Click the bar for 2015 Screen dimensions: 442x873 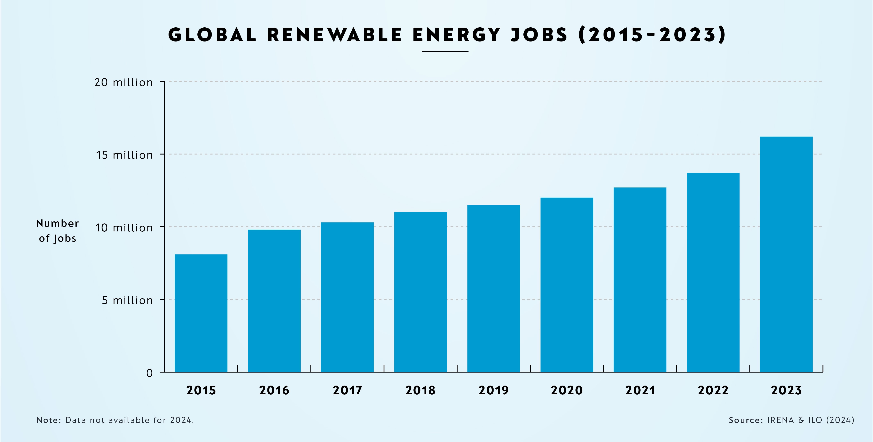click(201, 313)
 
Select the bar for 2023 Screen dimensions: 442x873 click(786, 254)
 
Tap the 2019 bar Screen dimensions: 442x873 click(494, 288)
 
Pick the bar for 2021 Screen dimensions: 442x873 click(640, 279)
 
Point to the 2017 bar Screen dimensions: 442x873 click(347, 297)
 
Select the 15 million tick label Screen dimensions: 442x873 click(124, 155)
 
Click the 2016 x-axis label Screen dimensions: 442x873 click(274, 390)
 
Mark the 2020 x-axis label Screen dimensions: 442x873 click(567, 390)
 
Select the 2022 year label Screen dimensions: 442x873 click(713, 390)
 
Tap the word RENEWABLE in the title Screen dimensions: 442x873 click(334, 35)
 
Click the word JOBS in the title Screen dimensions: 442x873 click(539, 35)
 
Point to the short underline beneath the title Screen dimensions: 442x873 click(445, 52)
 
